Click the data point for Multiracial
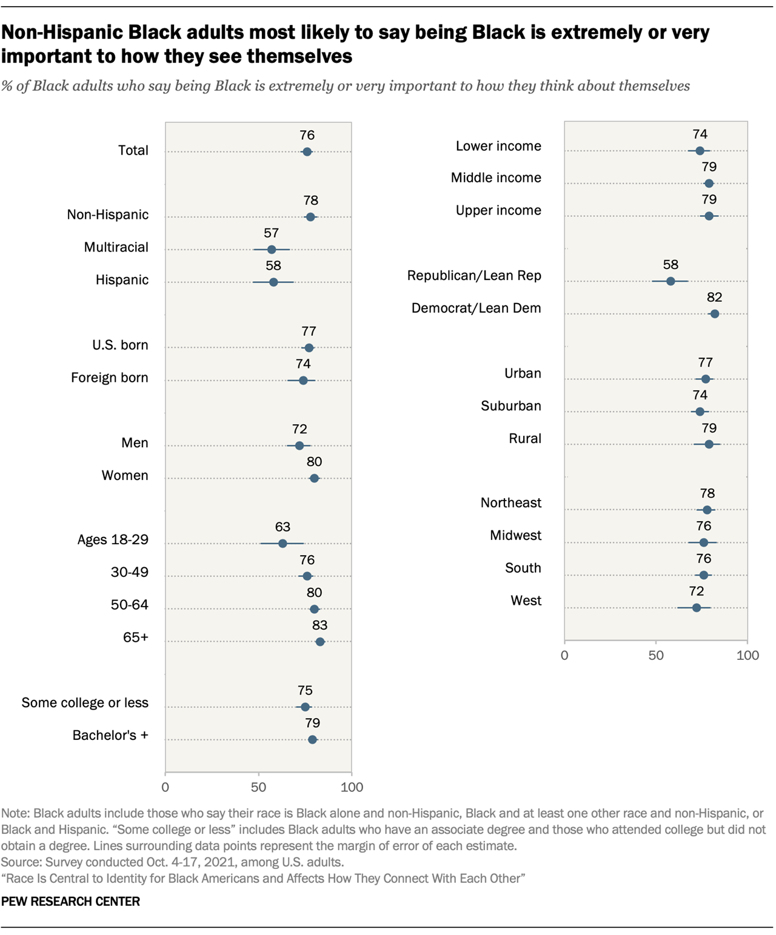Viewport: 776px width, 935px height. coord(271,250)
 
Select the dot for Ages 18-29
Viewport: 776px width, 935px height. coord(283,544)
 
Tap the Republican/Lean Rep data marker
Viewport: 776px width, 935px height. coord(671,281)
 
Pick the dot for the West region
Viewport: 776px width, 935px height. coord(697,608)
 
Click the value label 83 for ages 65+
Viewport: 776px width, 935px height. coord(319,625)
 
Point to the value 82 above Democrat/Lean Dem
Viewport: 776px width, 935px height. coord(715,298)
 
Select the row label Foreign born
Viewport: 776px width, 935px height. coord(109,378)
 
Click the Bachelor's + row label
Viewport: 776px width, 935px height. coord(110,736)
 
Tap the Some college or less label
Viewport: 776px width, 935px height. coord(85,703)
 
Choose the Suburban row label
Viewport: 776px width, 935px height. coord(510,406)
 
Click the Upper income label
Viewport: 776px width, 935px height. coord(498,210)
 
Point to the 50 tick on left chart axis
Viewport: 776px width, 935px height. coord(258,787)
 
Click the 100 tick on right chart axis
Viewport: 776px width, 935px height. coord(747,656)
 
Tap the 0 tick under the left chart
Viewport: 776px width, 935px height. coord(166,787)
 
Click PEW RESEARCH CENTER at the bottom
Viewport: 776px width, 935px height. coord(70,901)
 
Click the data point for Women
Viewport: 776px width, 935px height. coord(314,479)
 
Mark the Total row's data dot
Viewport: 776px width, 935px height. coord(307,152)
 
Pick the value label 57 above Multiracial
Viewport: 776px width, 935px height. coord(271,233)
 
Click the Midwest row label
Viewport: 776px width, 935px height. coord(515,536)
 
